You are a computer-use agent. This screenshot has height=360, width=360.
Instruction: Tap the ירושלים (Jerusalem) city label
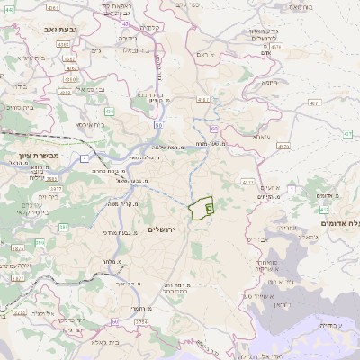pos(165,230)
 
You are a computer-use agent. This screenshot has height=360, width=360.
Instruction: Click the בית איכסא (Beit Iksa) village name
pos(94,125)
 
